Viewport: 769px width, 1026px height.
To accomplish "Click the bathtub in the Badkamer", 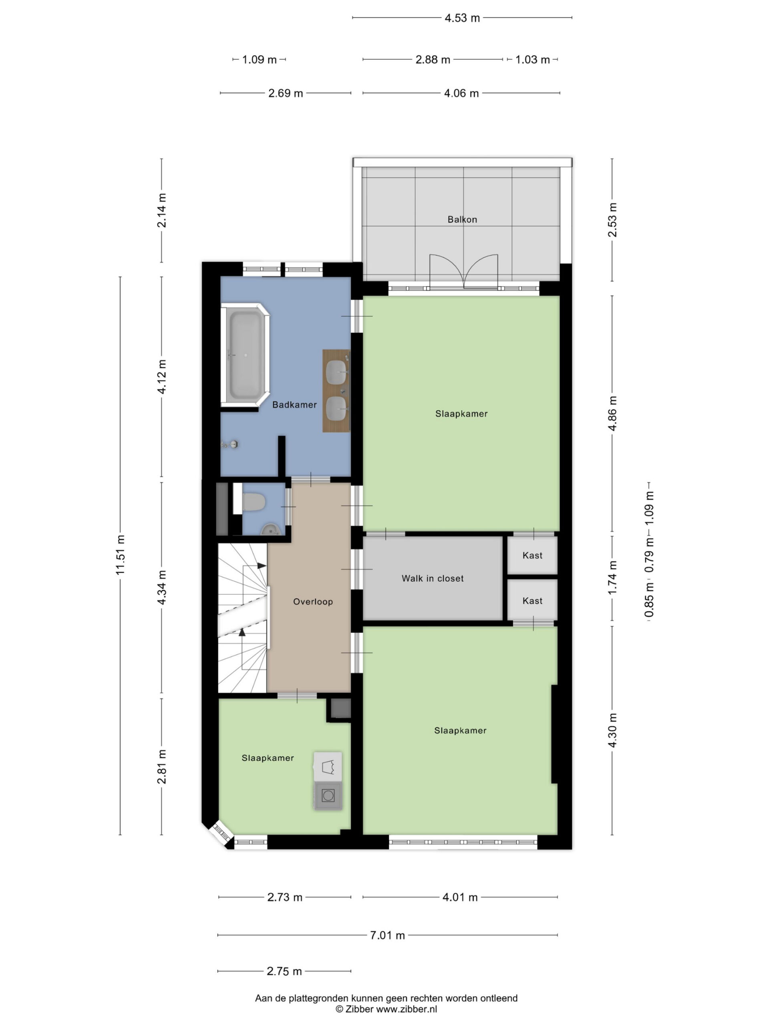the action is pyautogui.click(x=245, y=355).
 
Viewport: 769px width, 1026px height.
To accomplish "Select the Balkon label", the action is pyautogui.click(x=462, y=219).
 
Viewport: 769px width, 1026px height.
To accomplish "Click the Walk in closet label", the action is pyautogui.click(x=433, y=578).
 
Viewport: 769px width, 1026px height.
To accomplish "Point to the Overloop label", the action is pyautogui.click(x=313, y=602).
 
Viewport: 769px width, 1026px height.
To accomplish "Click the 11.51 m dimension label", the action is pyautogui.click(x=121, y=555).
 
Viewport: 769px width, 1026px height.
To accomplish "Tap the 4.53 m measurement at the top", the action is pyautogui.click(x=462, y=18).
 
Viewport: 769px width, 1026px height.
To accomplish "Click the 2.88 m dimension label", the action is pyautogui.click(x=433, y=60).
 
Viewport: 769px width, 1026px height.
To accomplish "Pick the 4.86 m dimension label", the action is pyautogui.click(x=612, y=413).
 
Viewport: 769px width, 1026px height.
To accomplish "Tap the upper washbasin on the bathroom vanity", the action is pyautogui.click(x=337, y=372).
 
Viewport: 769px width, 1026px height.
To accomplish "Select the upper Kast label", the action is pyautogui.click(x=532, y=555).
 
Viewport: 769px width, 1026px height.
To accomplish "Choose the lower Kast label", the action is pyautogui.click(x=532, y=601).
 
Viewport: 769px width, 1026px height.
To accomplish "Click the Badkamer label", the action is pyautogui.click(x=294, y=404).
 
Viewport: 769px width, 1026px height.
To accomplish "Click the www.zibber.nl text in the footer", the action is pyautogui.click(x=406, y=1009).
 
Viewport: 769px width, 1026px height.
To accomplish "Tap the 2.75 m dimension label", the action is pyautogui.click(x=284, y=971).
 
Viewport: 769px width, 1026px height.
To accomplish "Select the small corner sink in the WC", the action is pyautogui.click(x=270, y=529).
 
